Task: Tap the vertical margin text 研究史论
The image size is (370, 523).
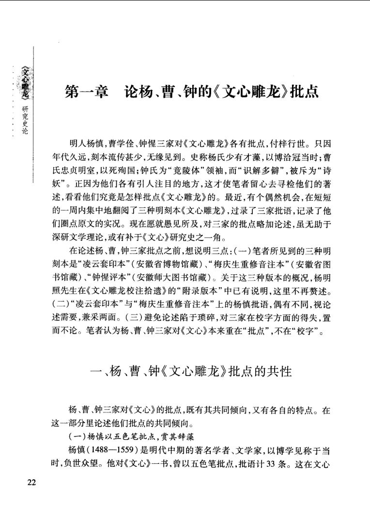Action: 25,120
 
